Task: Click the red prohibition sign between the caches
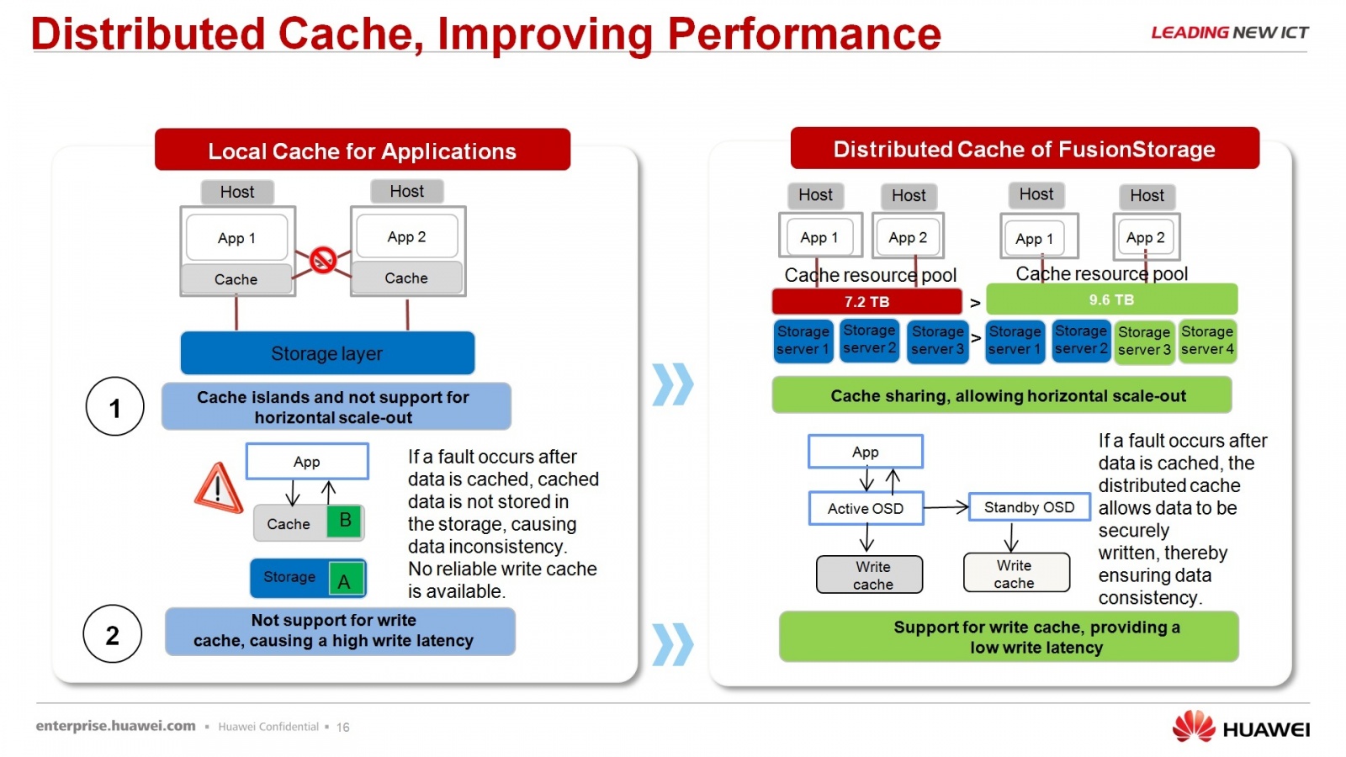323,259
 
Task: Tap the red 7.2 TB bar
866,301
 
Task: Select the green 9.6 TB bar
1111,299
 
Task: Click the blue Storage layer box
327,353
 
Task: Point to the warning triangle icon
219,489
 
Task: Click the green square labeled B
345,521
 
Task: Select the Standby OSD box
1029,507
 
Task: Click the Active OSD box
866,508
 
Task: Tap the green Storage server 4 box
1207,341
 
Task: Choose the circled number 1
115,407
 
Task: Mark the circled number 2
113,635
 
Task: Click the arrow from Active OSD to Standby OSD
946,507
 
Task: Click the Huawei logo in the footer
1241,728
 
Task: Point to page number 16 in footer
343,728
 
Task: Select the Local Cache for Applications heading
363,151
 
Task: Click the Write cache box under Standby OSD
1015,574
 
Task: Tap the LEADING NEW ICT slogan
1229,33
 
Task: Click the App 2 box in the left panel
407,237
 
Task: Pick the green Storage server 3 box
1144,341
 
